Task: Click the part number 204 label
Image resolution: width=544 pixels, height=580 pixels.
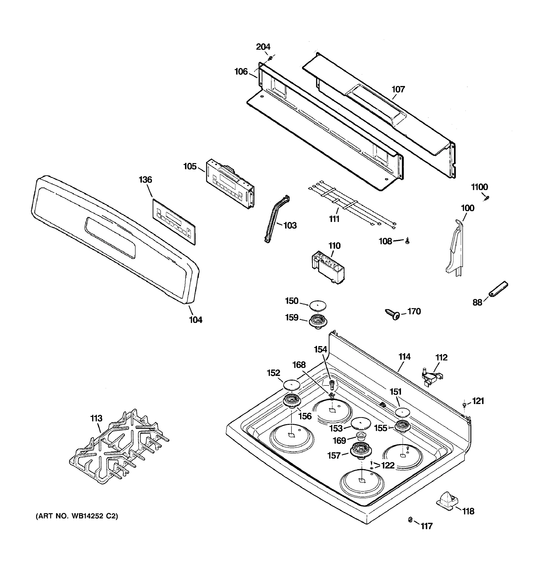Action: coord(263,47)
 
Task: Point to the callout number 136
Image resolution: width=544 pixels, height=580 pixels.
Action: coord(145,180)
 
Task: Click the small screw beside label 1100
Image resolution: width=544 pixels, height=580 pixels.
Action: coord(486,198)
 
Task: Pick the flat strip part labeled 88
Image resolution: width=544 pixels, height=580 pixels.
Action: coord(498,289)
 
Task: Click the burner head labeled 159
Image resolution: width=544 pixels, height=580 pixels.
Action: coord(318,321)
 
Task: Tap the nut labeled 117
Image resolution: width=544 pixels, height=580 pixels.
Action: coord(410,528)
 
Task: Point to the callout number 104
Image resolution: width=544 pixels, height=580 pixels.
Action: coord(196,320)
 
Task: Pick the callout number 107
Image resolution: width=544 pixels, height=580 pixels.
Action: coord(398,89)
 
